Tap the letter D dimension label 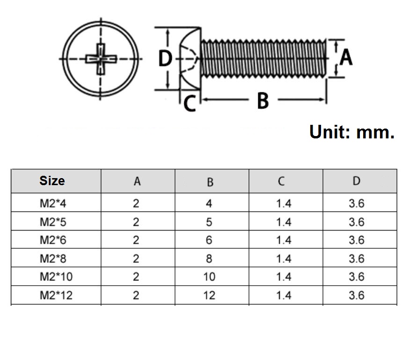click(165, 59)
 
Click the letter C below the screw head click(190, 103)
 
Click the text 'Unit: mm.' click(352, 132)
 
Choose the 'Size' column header click(52, 181)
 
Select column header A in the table click(137, 181)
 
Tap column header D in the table click(357, 181)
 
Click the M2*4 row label click(50, 203)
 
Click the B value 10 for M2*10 click(209, 277)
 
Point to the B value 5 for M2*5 click(209, 222)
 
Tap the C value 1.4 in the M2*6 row click(284, 240)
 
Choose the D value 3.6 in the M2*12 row click(356, 295)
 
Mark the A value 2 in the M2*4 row click(136, 203)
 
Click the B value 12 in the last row click(209, 295)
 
